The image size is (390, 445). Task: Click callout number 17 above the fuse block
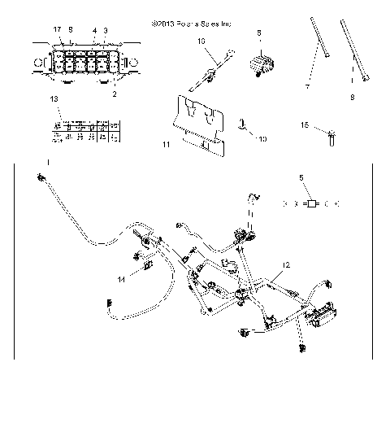[58, 29]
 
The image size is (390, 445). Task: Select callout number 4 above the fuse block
[94, 30]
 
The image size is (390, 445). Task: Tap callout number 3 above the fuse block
[106, 30]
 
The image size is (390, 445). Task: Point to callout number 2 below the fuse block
[114, 94]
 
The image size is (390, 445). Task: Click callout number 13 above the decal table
[54, 98]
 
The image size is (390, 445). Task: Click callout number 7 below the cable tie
[308, 85]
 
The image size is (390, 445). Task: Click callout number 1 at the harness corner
[48, 164]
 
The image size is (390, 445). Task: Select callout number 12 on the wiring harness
[285, 265]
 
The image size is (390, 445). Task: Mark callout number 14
[120, 279]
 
